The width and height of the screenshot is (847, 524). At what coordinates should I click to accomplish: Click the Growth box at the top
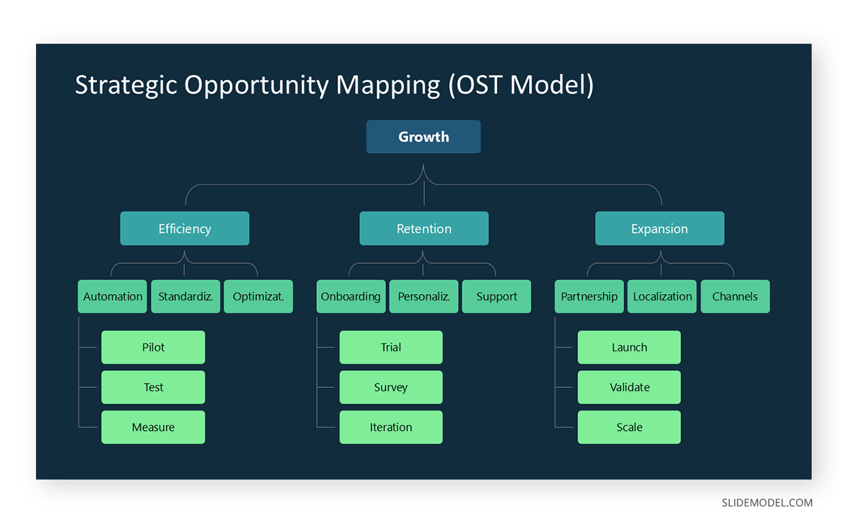click(423, 137)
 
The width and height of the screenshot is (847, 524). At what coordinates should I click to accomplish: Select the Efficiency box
click(184, 229)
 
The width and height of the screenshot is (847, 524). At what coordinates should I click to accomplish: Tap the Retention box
click(423, 229)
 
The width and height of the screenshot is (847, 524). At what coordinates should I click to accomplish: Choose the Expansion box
click(659, 229)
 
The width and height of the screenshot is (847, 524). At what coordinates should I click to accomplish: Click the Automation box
click(113, 297)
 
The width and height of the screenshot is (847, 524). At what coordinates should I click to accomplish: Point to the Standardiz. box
click(186, 297)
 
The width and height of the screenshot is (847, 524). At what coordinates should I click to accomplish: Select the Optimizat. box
click(258, 297)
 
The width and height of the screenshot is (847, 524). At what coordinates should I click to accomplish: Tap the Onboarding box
click(351, 297)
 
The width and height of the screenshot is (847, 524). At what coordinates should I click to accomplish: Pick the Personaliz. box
click(423, 297)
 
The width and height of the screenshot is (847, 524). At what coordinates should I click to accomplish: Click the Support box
click(496, 297)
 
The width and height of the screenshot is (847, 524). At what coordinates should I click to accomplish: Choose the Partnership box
click(589, 297)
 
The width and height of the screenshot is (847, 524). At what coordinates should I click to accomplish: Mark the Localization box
click(662, 297)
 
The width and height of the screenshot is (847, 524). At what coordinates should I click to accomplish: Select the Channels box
click(735, 297)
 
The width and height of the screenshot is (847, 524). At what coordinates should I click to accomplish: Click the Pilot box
click(153, 348)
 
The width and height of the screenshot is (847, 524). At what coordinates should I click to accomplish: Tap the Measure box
click(153, 427)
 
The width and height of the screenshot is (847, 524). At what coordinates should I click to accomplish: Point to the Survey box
click(391, 387)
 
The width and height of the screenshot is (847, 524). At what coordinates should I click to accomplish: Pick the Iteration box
click(391, 427)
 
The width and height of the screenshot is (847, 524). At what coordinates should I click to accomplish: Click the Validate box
click(629, 387)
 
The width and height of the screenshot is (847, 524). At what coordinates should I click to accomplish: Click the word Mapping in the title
click(388, 85)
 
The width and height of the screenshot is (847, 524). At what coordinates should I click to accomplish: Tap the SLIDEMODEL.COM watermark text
click(767, 503)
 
